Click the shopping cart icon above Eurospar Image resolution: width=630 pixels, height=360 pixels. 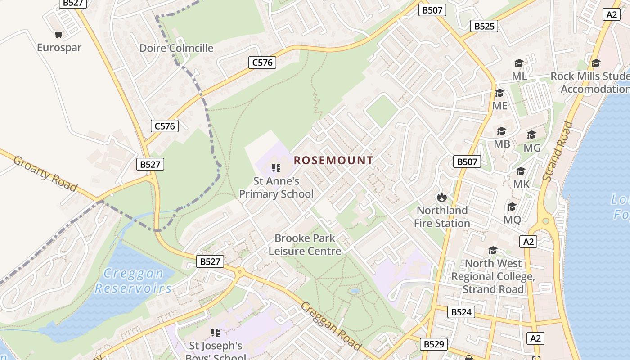click(x=58, y=34)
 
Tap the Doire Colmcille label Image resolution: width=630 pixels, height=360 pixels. click(x=176, y=48)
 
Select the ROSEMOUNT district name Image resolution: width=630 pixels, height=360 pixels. click(x=333, y=160)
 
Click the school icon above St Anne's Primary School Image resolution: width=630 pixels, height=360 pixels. click(x=276, y=168)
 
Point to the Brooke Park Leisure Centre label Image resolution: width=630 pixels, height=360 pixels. click(x=305, y=245)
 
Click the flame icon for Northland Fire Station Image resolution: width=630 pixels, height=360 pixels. click(x=441, y=197)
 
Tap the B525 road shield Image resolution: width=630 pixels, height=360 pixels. click(x=484, y=26)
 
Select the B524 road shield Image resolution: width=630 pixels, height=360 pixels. click(x=461, y=312)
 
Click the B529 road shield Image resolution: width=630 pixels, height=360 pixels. click(x=434, y=344)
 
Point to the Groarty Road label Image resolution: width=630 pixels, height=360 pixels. click(x=45, y=173)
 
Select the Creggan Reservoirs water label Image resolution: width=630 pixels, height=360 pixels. click(x=133, y=280)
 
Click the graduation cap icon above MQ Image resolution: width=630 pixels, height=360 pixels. click(x=512, y=207)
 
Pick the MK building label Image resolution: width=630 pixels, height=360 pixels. click(x=522, y=184)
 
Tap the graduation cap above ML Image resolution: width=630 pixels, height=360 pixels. click(x=519, y=63)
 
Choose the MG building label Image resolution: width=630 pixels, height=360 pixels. click(x=532, y=148)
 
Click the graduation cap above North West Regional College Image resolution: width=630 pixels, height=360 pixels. click(x=493, y=250)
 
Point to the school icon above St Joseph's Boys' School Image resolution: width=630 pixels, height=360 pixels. click(x=216, y=333)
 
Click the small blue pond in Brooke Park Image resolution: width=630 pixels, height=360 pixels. click(x=355, y=291)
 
